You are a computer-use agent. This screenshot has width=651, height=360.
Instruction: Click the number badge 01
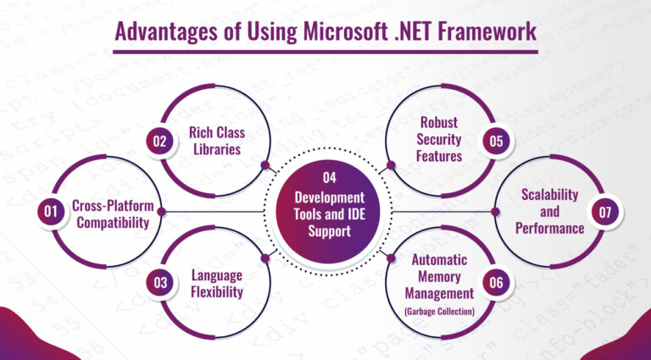(49, 213)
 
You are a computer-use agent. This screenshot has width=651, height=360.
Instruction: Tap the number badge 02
(159, 142)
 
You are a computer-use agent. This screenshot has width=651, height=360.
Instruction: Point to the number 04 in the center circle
(330, 178)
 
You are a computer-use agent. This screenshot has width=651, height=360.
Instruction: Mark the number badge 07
(604, 213)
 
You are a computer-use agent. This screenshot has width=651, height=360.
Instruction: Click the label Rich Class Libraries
(213, 138)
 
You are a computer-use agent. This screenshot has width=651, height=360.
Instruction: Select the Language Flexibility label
(217, 284)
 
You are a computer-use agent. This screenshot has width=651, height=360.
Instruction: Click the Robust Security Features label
(438, 139)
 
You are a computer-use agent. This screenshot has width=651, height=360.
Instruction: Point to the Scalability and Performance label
(549, 212)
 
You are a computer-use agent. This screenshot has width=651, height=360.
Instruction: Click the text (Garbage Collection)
(438, 311)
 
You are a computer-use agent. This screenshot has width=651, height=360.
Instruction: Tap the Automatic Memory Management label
(439, 276)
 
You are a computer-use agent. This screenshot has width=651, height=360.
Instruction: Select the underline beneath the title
(325, 53)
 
